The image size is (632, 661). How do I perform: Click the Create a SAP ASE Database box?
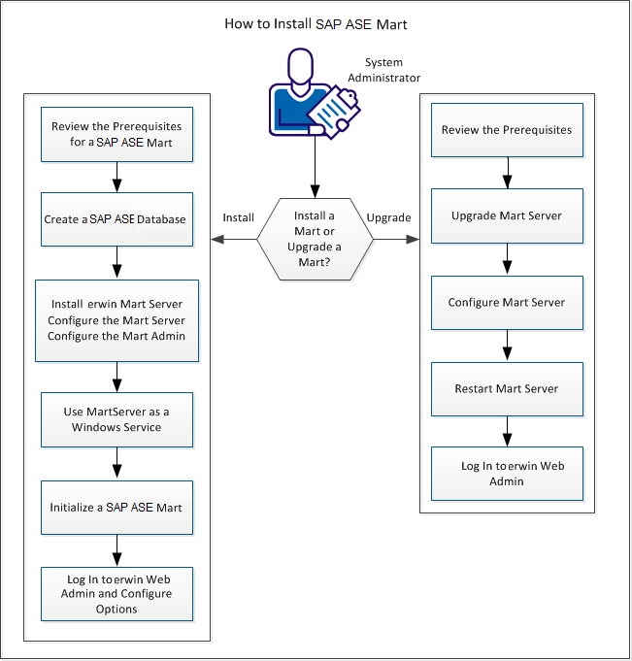(x=116, y=219)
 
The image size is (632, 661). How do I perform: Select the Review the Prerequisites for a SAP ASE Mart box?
(x=116, y=134)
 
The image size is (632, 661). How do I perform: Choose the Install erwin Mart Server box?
(x=116, y=320)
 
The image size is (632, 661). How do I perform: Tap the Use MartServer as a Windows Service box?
(x=116, y=419)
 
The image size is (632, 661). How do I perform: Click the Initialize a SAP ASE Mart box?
(x=116, y=507)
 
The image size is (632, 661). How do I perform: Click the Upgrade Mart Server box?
(x=507, y=215)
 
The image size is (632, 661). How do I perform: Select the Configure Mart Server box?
(x=507, y=303)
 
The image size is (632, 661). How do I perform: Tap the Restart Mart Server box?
(x=507, y=388)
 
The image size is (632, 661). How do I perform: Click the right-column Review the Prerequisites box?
(x=507, y=130)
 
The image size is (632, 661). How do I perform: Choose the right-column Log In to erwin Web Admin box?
(x=507, y=473)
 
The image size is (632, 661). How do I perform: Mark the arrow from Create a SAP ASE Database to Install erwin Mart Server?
(x=116, y=261)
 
